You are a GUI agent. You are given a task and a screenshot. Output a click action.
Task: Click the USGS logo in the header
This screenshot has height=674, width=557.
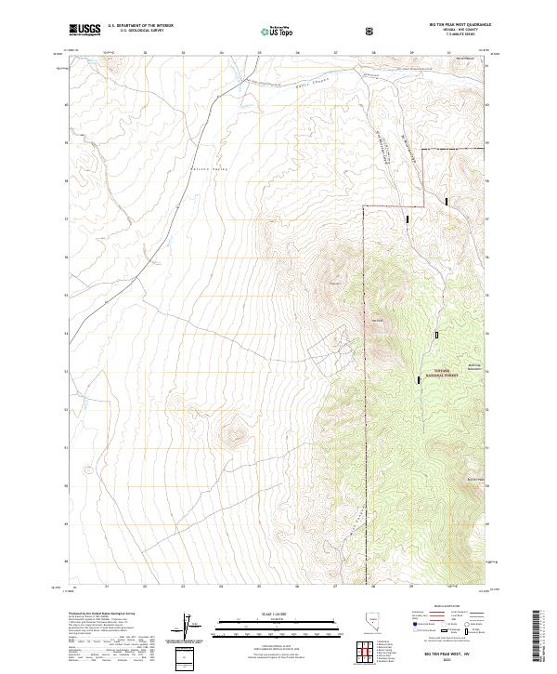85,31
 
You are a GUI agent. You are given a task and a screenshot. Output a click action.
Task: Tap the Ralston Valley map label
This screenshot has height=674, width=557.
210,169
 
